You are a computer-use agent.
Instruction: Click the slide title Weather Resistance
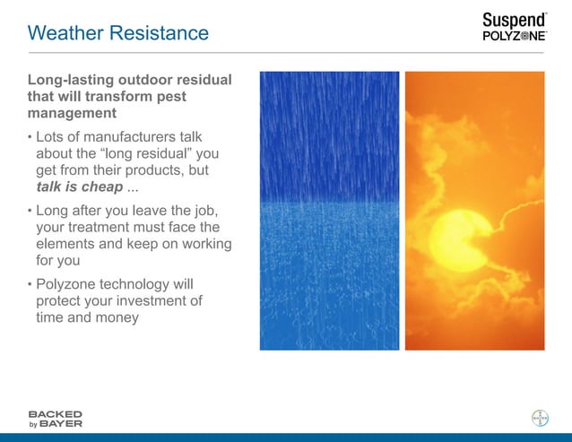click(x=117, y=33)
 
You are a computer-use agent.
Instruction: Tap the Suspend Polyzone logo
click(x=514, y=27)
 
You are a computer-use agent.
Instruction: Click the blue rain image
click(x=329, y=211)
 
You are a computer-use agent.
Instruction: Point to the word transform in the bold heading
click(x=149, y=97)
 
